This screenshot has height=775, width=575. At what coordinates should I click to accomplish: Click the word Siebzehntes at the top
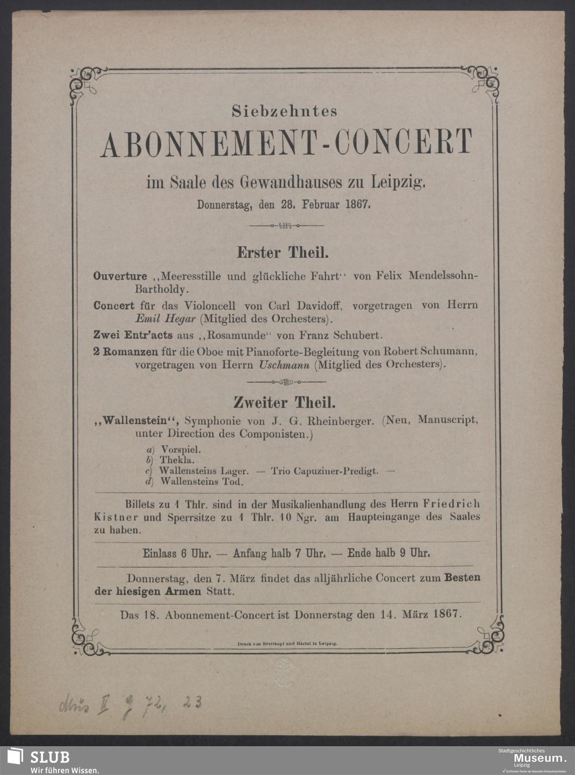click(285, 111)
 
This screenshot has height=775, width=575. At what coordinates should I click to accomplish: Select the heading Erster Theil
click(283, 252)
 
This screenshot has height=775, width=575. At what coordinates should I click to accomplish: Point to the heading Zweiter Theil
click(284, 402)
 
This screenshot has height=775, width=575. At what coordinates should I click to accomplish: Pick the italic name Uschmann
click(285, 364)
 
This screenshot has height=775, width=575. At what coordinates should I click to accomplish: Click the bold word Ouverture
click(120, 276)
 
